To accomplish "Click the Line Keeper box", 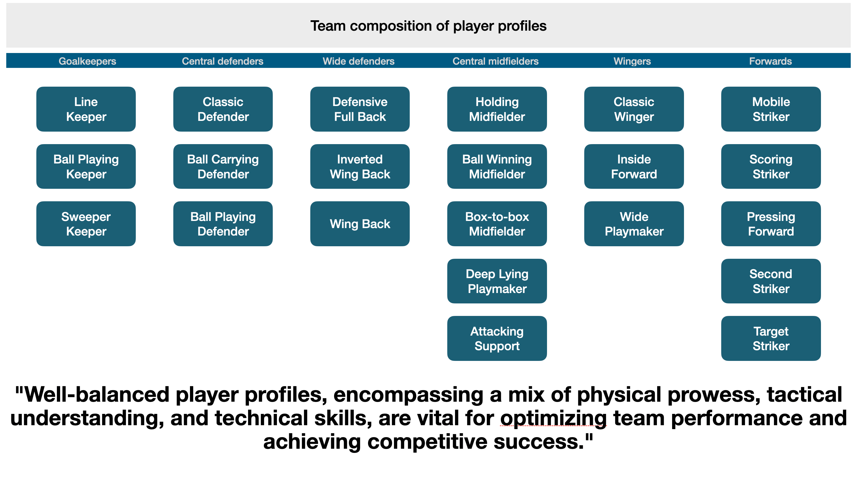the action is click(x=86, y=109).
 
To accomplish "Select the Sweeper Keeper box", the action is click(x=86, y=224).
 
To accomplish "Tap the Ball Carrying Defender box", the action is click(x=223, y=166).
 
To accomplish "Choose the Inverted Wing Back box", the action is click(x=360, y=166).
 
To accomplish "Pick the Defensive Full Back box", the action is click(x=360, y=109).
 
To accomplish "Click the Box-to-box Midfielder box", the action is click(x=497, y=224).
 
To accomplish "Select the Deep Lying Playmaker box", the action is click(x=497, y=281).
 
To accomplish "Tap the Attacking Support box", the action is click(x=497, y=338).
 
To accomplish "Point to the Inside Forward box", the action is click(x=634, y=166).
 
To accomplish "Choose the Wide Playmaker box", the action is click(x=634, y=224).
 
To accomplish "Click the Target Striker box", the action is click(x=771, y=338).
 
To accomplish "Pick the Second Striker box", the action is click(x=771, y=281).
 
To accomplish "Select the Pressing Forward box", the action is click(x=771, y=224).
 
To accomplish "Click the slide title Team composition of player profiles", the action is click(x=428, y=26).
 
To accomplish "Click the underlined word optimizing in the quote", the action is click(x=553, y=418).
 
